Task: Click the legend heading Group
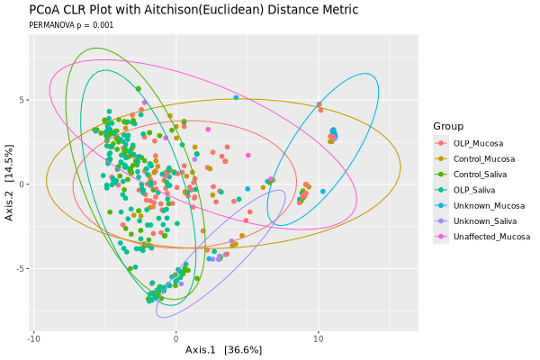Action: (x=448, y=125)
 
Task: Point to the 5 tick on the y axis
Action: (x=23, y=100)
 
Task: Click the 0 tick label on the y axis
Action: (x=23, y=184)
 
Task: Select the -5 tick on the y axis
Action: (x=22, y=268)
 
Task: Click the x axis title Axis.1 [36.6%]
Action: (x=223, y=349)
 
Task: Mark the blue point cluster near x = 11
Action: (x=333, y=135)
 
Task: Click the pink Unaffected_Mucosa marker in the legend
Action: (x=440, y=236)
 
